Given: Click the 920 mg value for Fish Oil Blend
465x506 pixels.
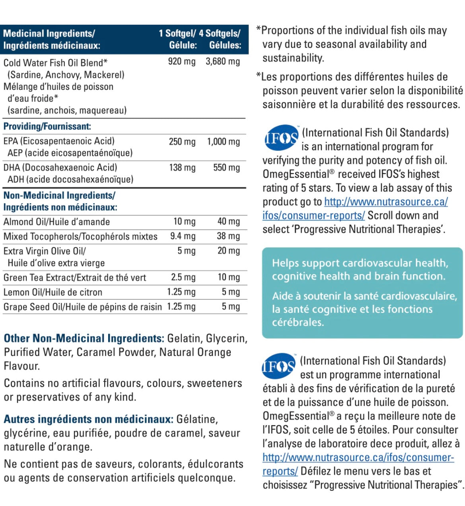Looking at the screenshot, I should tap(182, 62).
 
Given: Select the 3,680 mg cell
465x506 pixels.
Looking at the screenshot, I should tap(223, 62).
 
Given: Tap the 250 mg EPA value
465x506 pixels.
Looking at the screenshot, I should tap(182, 142).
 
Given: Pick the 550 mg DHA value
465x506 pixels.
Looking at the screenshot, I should tap(226, 168).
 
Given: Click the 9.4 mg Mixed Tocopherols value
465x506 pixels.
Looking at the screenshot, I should tap(183, 236).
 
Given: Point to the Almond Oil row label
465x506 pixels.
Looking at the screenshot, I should tap(56, 222).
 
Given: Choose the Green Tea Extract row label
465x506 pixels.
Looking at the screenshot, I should tap(75, 278).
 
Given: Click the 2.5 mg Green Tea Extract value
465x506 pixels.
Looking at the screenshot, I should tap(183, 277).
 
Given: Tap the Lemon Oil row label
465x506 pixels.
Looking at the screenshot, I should tap(53, 292).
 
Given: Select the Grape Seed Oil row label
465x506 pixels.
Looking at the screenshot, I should tap(83, 307).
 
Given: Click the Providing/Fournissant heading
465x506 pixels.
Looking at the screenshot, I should tap(47, 127).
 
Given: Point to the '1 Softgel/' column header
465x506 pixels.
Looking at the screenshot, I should tap(177, 34).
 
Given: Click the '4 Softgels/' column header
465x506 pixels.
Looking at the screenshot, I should tap(220, 34).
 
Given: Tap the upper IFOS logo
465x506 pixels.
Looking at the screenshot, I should tap(281, 138).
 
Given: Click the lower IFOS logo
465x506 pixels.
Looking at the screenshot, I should tap(279, 366).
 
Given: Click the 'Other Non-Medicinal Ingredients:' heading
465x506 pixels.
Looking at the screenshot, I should tap(84, 339).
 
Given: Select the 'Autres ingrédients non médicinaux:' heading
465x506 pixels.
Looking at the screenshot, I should tap(88, 419).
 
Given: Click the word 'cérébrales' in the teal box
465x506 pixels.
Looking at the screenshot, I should tap(298, 322).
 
